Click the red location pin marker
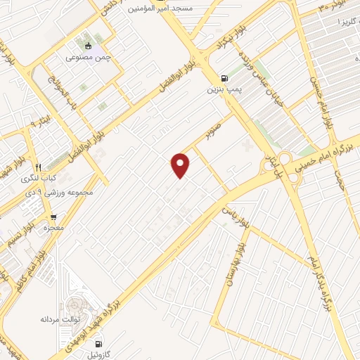pos(181,165)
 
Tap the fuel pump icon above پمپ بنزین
pos(224,78)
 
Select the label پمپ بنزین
pos(221,90)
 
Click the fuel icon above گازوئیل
pos(98,344)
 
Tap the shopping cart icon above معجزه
pos(53,217)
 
